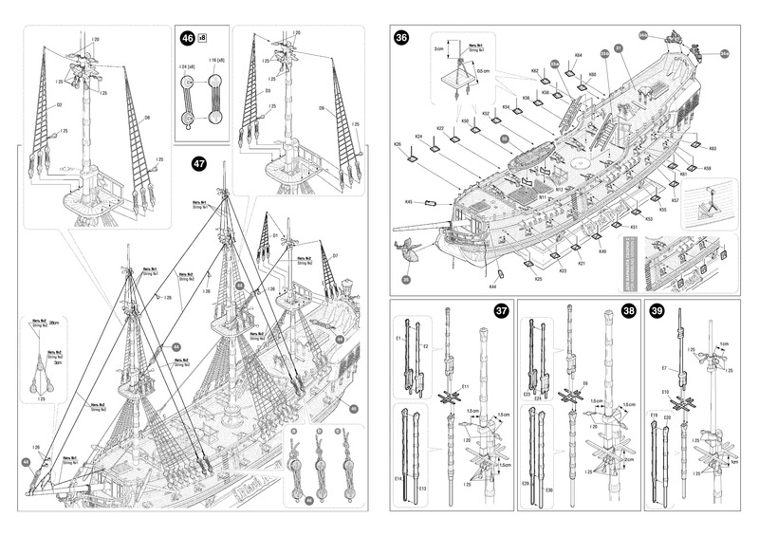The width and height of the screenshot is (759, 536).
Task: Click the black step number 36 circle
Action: (x=402, y=38)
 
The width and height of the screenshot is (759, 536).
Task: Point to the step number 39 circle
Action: (x=657, y=309)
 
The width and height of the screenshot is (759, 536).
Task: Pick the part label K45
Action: (x=409, y=202)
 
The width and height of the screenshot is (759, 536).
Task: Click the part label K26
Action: (x=398, y=144)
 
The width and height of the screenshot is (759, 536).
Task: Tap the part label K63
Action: (x=712, y=149)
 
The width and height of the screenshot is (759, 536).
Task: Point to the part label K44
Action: (x=493, y=286)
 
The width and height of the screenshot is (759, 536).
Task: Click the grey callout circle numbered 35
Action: (x=406, y=279)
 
